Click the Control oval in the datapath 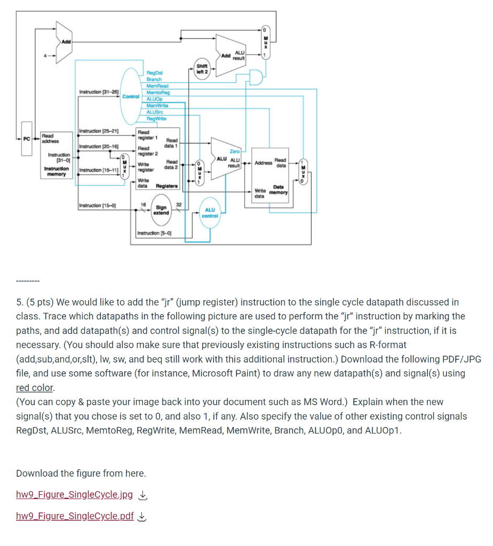[130, 97]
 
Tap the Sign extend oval [161, 210]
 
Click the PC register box [27, 139]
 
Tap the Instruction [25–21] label [98, 131]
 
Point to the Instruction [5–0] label [153, 233]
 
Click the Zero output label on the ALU [234, 152]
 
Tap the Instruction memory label [55, 171]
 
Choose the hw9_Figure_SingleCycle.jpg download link [74, 494]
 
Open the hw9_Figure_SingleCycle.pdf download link [75, 516]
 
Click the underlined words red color [35, 388]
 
